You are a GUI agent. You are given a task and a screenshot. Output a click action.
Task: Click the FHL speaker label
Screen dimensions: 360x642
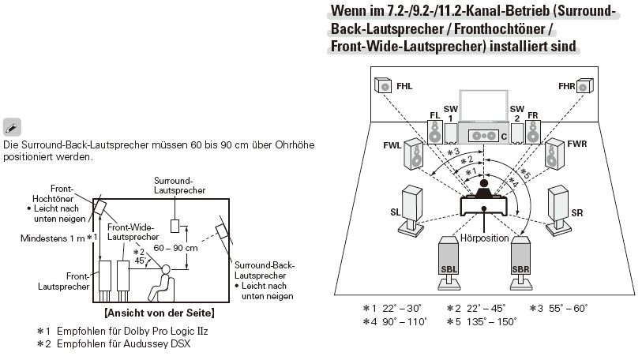[405, 85]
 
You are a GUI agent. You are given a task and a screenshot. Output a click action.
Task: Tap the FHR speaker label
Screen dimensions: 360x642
[565, 85]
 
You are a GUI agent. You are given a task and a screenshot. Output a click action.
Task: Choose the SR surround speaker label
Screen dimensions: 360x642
[577, 213]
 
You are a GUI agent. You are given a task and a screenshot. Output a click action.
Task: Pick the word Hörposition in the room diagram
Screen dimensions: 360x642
[485, 237]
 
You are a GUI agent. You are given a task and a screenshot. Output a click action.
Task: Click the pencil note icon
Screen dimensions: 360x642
[13, 127]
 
